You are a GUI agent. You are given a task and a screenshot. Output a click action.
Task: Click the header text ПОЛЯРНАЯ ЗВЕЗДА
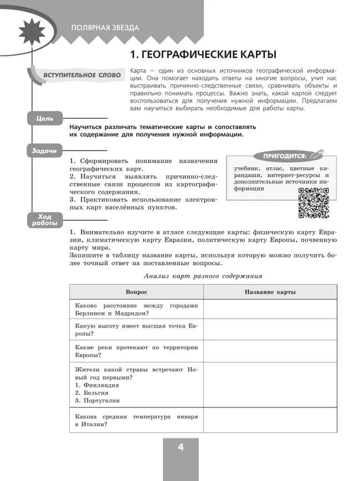(105, 28)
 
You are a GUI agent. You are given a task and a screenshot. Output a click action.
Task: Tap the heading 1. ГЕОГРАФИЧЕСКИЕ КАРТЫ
(202, 55)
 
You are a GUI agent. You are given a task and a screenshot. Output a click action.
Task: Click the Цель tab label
(44, 118)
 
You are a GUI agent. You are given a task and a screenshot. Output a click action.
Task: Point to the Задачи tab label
(44, 151)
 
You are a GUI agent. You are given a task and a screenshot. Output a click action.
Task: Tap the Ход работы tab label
(44, 220)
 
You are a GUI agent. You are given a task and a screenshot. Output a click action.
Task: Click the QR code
(313, 203)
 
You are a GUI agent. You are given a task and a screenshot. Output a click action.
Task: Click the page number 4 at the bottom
(180, 448)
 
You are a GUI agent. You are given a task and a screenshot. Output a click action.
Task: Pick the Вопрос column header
(136, 292)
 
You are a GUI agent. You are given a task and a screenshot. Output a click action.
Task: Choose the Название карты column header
(270, 292)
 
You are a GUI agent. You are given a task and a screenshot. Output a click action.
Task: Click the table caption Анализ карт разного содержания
(203, 276)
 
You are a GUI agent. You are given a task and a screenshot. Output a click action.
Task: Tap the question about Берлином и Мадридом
(136, 309)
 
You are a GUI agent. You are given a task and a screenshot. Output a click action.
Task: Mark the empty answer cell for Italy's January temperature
(270, 420)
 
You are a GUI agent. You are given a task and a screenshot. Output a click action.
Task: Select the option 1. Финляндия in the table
(97, 385)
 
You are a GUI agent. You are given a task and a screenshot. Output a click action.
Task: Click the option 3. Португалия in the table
(97, 400)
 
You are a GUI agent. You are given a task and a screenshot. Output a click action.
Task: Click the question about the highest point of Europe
(136, 330)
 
